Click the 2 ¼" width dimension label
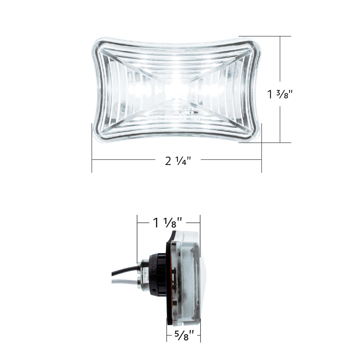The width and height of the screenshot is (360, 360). click(x=178, y=161)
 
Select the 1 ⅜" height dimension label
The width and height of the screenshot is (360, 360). click(x=280, y=94)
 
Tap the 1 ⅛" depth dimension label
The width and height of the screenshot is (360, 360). click(x=168, y=223)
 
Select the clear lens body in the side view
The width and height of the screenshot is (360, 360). click(x=189, y=270)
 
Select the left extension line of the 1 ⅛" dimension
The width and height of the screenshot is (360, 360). click(x=137, y=237)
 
